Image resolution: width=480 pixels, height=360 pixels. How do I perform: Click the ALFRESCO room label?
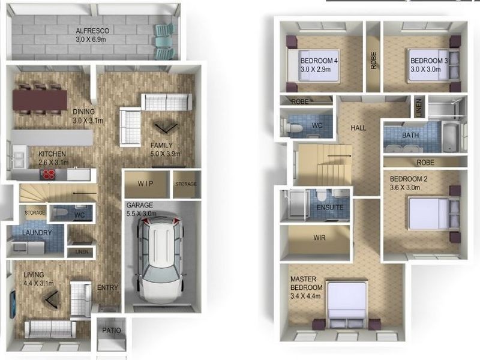[x=92, y=31]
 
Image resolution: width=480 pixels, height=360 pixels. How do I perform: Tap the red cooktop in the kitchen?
[x=48, y=174]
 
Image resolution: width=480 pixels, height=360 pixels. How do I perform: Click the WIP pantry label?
[x=145, y=184]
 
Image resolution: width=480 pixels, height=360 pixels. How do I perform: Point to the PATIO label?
[x=112, y=331]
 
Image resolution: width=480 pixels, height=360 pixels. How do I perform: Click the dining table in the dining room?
[x=40, y=100]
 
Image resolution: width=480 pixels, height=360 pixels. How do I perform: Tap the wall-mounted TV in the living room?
[x=13, y=305]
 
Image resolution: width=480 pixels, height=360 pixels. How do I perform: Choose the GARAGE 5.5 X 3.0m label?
[x=141, y=209]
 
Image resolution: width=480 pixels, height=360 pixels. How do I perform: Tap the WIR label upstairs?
[x=319, y=238]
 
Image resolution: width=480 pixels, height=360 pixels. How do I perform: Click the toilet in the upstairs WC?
[x=292, y=127]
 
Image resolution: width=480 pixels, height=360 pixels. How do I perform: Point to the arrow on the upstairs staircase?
[x=340, y=156]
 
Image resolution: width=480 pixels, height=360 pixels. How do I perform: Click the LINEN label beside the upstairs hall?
[x=419, y=107]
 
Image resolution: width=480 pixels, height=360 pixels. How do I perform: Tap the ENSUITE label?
[x=330, y=208]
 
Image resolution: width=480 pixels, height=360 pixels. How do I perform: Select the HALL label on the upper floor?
[x=358, y=128]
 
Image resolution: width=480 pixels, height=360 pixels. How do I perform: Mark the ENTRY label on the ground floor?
[x=107, y=287]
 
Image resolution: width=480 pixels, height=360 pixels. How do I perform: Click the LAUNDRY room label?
[x=37, y=233]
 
